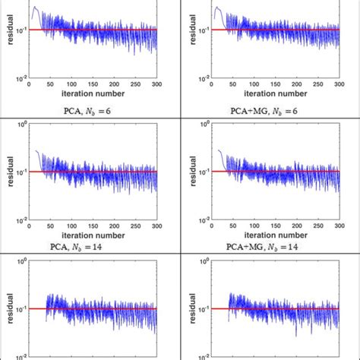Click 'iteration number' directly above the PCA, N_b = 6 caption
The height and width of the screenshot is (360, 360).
coord(92,95)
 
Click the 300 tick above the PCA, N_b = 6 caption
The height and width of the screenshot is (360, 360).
coord(156,84)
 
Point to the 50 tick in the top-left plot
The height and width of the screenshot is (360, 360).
coord(49,84)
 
